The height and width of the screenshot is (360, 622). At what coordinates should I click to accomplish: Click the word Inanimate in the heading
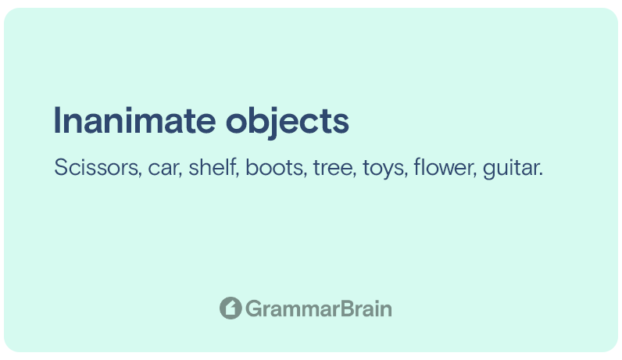[x=135, y=120]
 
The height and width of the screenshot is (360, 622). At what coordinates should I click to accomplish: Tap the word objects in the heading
[x=288, y=123]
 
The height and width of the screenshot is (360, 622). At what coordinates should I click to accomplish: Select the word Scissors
[x=97, y=167]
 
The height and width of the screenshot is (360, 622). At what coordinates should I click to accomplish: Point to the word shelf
[x=213, y=167]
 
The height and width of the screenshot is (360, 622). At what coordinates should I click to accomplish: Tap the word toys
[x=384, y=169]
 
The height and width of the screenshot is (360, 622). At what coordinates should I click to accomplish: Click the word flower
[x=444, y=167]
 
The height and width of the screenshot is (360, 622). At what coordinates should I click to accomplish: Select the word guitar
[x=510, y=168]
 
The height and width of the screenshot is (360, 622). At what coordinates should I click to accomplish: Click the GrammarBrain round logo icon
[x=231, y=308]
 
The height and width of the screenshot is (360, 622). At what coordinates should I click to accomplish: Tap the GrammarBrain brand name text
[x=319, y=309]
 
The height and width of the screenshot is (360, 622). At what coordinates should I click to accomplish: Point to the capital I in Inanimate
[x=57, y=120]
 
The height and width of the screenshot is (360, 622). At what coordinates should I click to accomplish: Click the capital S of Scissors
[x=61, y=167]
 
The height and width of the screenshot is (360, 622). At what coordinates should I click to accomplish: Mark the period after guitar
[x=541, y=174]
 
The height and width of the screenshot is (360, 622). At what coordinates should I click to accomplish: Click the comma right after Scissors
[x=140, y=175]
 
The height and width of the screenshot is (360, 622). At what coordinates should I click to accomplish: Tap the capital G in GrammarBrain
[x=253, y=309]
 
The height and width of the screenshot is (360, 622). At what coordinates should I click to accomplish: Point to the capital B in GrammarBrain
[x=347, y=309]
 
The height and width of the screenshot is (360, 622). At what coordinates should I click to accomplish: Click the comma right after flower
[x=474, y=175]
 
